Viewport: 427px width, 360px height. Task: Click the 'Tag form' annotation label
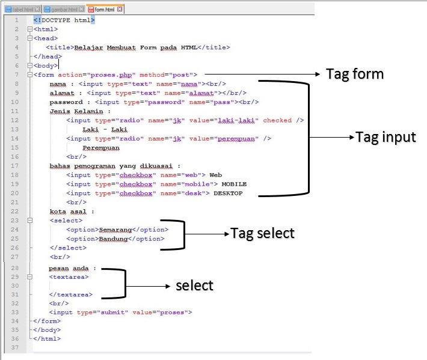354,74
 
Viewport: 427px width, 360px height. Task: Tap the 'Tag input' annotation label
386,137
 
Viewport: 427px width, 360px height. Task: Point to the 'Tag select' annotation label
263,233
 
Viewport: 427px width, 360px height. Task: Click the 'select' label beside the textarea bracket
194,285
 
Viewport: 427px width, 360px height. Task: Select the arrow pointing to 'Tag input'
330,138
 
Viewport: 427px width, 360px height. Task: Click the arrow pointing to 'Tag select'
207,233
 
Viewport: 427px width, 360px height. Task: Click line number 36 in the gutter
14,339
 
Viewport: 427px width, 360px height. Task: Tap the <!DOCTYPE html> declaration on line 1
64,20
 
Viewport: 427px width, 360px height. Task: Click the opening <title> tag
60,47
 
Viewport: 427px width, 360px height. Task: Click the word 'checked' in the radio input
277,120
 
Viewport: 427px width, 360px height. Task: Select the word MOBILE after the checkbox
234,184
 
